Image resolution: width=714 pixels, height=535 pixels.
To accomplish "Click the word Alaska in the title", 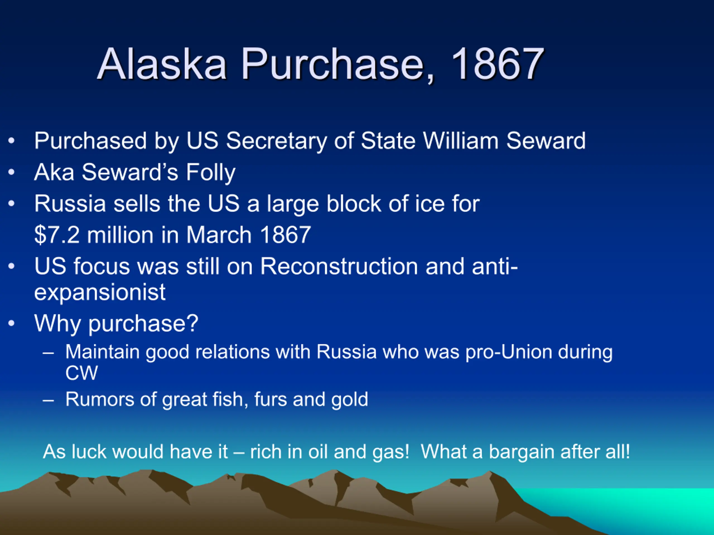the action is (x=162, y=64).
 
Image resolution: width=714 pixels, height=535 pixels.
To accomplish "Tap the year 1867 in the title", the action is (x=497, y=64).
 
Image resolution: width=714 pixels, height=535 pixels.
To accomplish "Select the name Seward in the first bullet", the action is (x=546, y=141).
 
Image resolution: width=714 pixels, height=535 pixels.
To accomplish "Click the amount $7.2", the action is (x=57, y=235).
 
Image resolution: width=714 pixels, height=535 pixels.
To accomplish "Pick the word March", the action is (x=219, y=235).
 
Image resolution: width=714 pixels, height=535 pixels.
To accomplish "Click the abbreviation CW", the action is (x=81, y=373).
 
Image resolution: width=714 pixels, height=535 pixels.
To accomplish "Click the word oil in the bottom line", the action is (x=318, y=451).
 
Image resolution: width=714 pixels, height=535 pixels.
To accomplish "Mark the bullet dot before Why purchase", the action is (x=12, y=323).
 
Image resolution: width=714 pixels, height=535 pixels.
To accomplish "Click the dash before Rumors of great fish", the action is (x=48, y=400).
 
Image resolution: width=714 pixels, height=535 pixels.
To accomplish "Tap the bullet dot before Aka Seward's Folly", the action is (x=12, y=172).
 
